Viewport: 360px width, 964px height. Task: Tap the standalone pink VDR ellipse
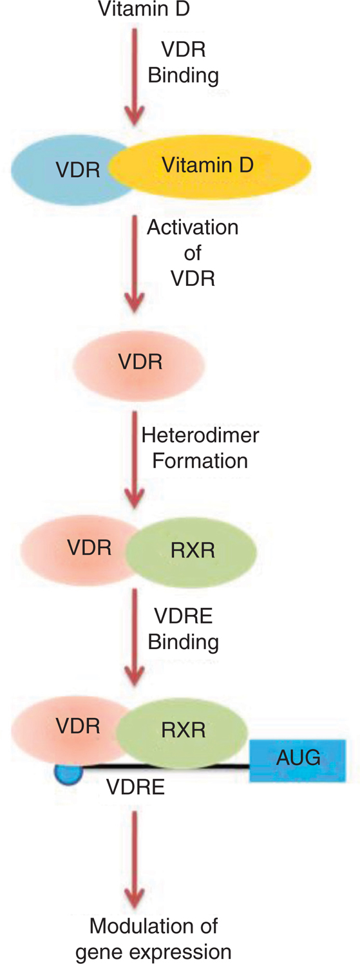[x=139, y=363]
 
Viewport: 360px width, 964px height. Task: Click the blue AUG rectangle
[x=298, y=761]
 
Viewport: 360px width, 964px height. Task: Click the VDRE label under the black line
[x=136, y=787]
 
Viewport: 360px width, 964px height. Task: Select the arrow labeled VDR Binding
[x=135, y=77]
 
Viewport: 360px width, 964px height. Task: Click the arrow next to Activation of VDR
[x=135, y=264]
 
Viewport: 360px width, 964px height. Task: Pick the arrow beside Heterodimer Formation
[x=135, y=459]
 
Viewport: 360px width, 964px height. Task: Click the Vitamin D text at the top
[x=144, y=8]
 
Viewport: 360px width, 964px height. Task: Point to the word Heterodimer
[x=200, y=435]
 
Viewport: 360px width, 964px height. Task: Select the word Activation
[x=193, y=227]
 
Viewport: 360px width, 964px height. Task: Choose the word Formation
[x=200, y=461]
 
